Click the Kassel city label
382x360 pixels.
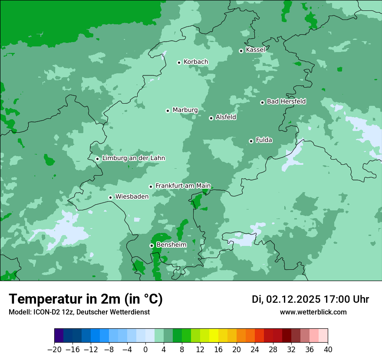(255, 50)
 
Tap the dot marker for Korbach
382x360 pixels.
(179, 62)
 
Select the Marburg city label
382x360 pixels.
(185, 110)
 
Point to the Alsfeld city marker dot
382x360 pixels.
(211, 118)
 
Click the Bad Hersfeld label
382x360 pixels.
(286, 101)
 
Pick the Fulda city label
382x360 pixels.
(264, 140)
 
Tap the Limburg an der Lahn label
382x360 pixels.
(133, 158)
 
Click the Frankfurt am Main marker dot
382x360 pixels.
(151, 187)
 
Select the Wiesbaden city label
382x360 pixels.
(132, 196)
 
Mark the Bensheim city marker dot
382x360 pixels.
(151, 245)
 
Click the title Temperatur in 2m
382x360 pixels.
(86, 299)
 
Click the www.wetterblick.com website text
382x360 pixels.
(313, 312)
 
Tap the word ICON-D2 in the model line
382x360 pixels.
(46, 312)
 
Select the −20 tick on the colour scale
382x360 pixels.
(54, 350)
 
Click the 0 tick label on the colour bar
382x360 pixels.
(145, 350)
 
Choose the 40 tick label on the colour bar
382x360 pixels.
(328, 350)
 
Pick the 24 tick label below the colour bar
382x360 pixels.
(255, 350)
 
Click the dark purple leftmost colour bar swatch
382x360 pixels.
(59, 336)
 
